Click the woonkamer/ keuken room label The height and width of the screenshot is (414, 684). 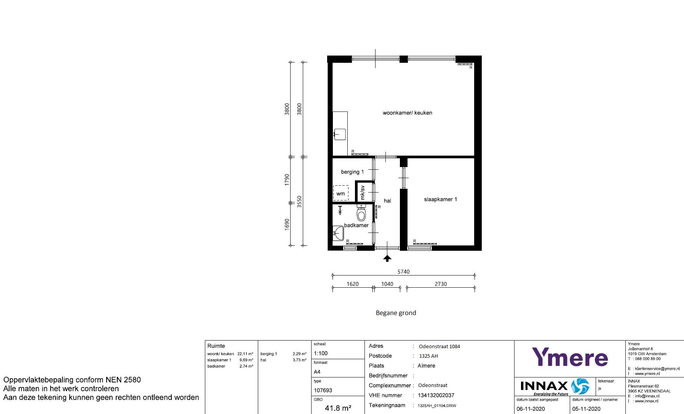[407, 113]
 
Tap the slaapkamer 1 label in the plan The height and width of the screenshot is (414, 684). [440, 199]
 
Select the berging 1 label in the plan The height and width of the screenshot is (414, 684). [352, 172]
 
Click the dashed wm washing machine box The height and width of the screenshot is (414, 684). [340, 193]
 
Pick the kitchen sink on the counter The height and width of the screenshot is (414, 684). [340, 134]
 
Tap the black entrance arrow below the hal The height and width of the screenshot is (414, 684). [387, 258]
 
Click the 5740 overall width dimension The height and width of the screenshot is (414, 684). [403, 272]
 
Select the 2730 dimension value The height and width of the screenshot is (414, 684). [441, 284]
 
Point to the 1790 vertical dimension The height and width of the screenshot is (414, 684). [287, 180]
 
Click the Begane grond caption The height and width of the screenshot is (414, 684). [396, 313]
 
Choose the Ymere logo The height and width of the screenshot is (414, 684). [570, 357]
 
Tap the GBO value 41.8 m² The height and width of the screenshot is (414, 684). [338, 408]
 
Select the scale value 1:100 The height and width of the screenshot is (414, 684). [321, 353]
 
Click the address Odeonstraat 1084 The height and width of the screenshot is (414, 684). [439, 346]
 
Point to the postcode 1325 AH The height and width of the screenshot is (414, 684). [428, 356]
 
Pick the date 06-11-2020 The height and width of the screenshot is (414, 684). [531, 409]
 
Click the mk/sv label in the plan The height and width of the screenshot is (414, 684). [363, 193]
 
